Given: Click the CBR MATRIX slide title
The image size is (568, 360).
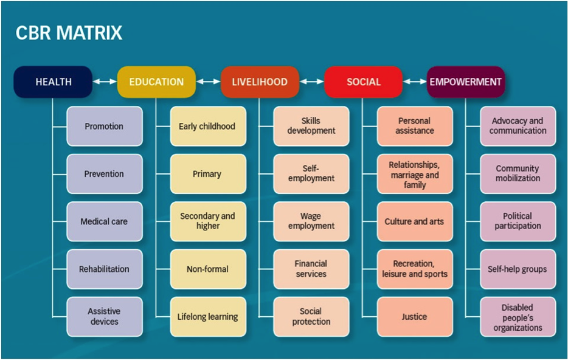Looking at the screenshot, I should pos(69,33).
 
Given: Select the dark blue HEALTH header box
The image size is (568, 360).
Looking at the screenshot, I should pos(54,82).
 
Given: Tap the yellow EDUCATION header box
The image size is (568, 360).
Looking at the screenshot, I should pos(156,82).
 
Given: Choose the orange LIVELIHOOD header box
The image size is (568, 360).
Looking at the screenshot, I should pos(260,82).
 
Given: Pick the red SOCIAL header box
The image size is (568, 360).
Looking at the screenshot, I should pos(363,82).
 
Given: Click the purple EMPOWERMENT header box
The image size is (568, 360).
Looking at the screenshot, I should pos(466,82).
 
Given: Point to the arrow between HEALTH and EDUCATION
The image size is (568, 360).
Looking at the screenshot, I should pos(105,82).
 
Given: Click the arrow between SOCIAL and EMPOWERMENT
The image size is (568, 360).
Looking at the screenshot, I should pos(415,82).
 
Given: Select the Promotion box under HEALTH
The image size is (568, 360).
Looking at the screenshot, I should pos(104,126).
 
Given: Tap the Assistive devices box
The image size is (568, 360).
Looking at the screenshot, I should pos(104,317).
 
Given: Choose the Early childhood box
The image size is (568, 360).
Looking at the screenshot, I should pos(207,126).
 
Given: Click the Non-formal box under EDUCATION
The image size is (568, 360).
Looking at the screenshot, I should pos(207,269).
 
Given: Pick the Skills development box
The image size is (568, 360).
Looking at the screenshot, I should pos(311,126).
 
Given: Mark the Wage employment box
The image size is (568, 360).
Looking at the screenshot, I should pos(311,221).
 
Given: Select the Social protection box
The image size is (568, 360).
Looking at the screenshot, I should pos(311,317).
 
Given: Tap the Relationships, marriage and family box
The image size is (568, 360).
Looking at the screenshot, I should pos(415,175).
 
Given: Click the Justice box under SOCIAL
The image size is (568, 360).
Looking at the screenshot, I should pos(415,317).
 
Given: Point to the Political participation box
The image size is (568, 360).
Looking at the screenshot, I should pos(518,221).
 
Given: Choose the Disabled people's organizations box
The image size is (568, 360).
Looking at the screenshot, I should pos(518,317).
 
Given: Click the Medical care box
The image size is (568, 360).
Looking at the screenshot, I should pos(104,221).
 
